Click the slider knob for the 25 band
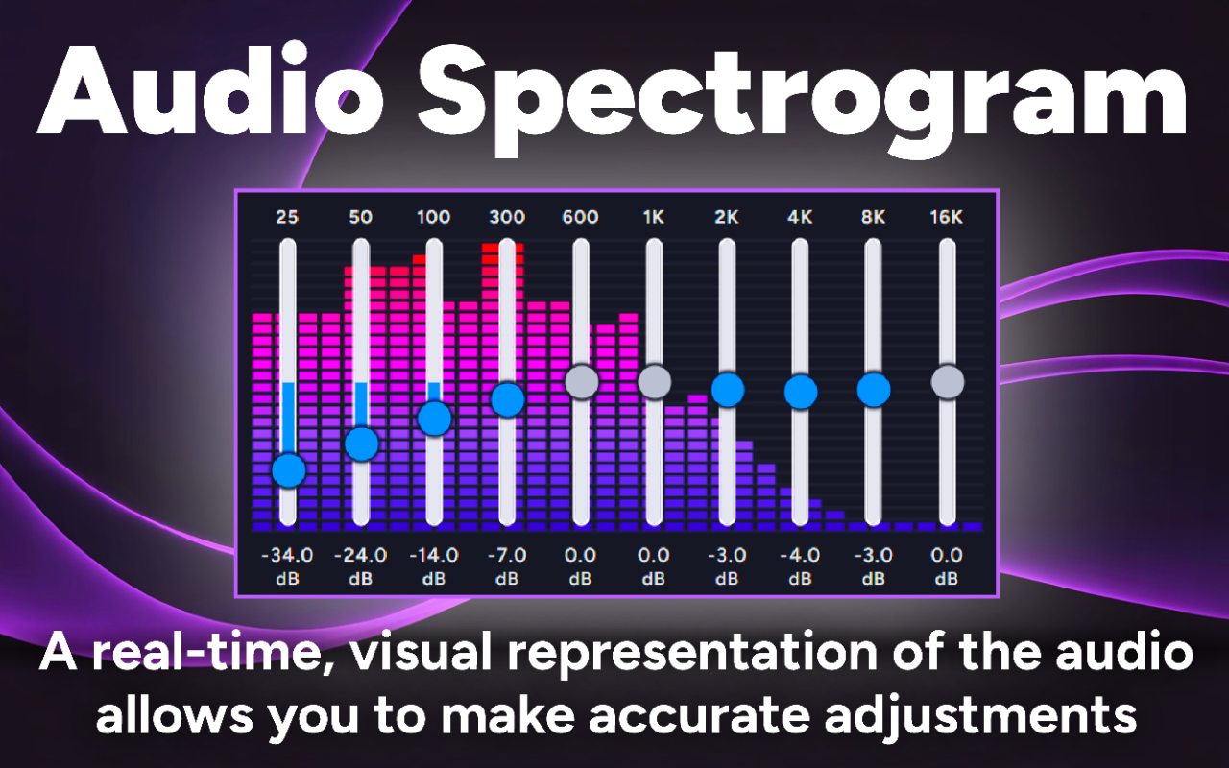pos(288,470)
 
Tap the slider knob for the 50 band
pos(361,444)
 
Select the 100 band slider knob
pos(434,418)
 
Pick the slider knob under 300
pos(507,398)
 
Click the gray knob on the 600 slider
pos(581,381)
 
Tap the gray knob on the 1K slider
pos(654,381)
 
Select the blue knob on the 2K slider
pos(728,390)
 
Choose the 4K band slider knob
pos(801,391)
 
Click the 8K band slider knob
pos(874,390)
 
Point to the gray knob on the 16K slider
pos(947,381)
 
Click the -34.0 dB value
pos(287,555)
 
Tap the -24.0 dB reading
pos(361,555)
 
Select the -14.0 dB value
pos(434,555)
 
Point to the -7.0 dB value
pos(507,555)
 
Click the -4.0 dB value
pos(801,555)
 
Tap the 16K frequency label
pos(947,217)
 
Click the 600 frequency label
pos(581,217)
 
